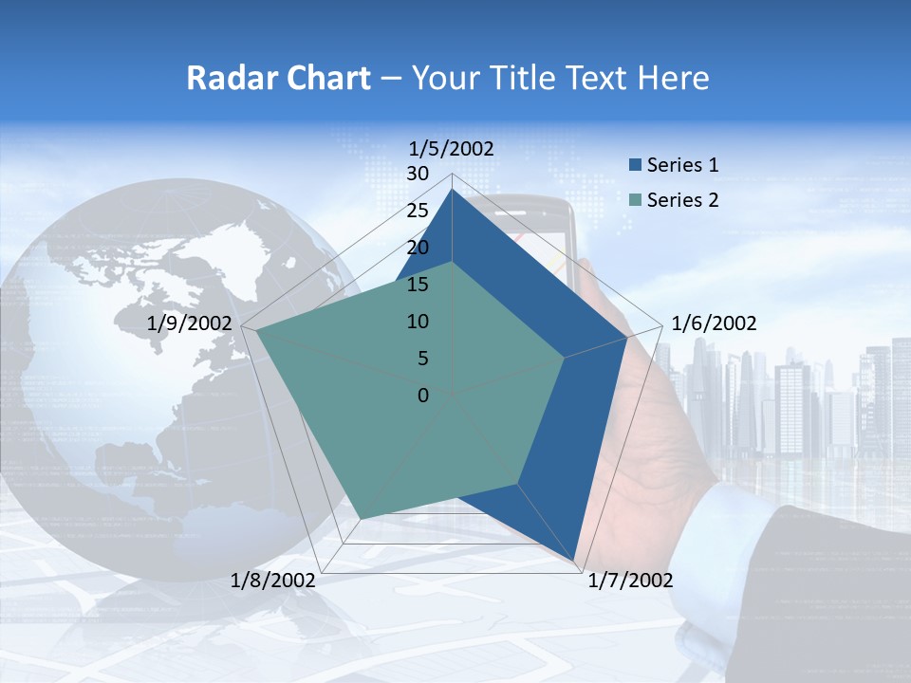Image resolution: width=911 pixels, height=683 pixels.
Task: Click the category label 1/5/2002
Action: click(x=451, y=148)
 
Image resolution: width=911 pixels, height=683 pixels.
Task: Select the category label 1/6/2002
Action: click(x=714, y=323)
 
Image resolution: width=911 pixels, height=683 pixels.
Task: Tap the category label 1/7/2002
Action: click(x=629, y=581)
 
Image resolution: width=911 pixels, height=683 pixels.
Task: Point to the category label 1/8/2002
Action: click(x=273, y=581)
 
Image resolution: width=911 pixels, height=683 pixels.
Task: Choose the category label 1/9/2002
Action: click(x=190, y=323)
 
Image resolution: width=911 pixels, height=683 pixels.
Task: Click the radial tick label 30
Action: click(x=418, y=174)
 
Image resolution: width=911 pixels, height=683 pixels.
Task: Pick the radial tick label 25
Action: click(x=418, y=211)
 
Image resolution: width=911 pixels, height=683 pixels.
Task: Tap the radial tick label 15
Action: click(x=418, y=285)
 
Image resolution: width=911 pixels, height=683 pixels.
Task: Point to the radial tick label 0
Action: click(x=423, y=396)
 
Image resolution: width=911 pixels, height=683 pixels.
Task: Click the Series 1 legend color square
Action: click(x=635, y=165)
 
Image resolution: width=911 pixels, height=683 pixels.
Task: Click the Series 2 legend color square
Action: click(x=635, y=200)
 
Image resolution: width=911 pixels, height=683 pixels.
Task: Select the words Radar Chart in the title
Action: click(x=278, y=78)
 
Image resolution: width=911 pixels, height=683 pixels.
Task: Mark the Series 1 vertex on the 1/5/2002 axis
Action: click(x=452, y=190)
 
